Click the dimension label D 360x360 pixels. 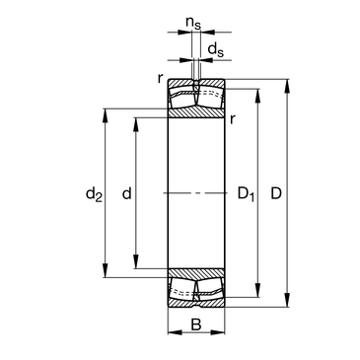pos(276,193)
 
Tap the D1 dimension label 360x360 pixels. pos(246,194)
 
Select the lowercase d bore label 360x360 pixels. pos(126,193)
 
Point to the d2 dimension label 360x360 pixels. pos(94,194)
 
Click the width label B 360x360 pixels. pos(196,324)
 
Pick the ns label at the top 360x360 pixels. pos(193,23)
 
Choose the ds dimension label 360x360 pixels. pos(216,49)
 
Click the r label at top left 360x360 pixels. pos(160,78)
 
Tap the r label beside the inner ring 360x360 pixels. pos(233,119)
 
